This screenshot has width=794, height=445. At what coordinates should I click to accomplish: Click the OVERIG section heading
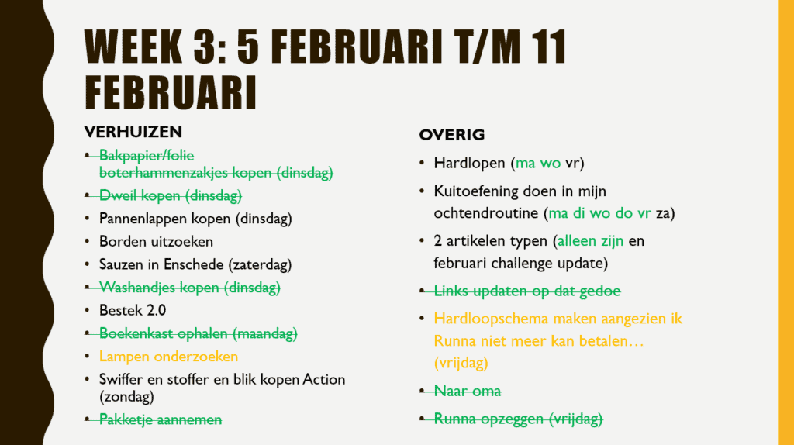(x=451, y=135)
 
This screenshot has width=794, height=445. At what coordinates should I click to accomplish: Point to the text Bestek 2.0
(x=133, y=311)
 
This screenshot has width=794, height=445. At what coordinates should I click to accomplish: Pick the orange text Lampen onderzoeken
(x=168, y=357)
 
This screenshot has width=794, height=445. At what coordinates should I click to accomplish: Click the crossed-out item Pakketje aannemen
(x=161, y=419)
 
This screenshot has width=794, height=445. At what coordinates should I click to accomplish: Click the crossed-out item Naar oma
(x=468, y=391)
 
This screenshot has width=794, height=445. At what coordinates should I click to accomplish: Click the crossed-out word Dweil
(x=117, y=195)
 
